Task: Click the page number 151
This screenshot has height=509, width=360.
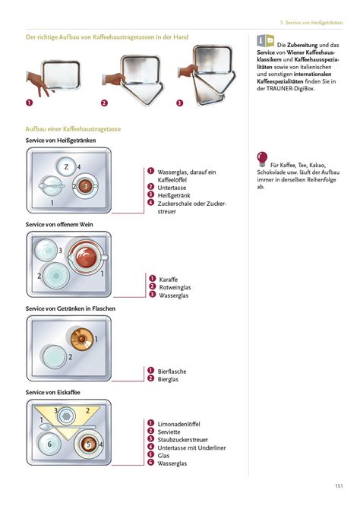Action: tap(339, 486)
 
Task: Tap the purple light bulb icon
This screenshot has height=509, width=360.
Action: tap(262, 159)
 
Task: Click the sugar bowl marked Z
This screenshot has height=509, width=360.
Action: tap(66, 167)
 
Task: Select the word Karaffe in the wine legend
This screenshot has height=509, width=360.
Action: tap(168, 280)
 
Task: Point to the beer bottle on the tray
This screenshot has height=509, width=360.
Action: tap(81, 340)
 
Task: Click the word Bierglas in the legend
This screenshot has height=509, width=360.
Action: tap(168, 379)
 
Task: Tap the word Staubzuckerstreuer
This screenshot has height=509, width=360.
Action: tap(182, 440)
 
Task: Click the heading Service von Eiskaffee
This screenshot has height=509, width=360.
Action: tap(52, 393)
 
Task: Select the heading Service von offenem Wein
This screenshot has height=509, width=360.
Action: tap(59, 225)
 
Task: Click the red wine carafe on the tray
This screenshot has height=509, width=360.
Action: tap(87, 257)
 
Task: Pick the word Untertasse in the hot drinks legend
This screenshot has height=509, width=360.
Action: tap(172, 188)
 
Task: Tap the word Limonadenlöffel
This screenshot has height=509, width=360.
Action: tap(179, 424)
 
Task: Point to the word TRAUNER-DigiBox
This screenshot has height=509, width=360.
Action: tap(290, 89)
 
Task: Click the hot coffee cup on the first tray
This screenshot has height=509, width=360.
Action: tap(86, 186)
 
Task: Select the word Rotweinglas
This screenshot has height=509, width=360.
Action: tap(175, 287)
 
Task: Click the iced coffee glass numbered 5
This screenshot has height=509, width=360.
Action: tap(87, 444)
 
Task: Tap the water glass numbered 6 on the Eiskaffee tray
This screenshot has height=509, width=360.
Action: tap(49, 444)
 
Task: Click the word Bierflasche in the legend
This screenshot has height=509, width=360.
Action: tap(172, 371)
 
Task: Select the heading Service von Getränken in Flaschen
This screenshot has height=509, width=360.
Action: tap(71, 308)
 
